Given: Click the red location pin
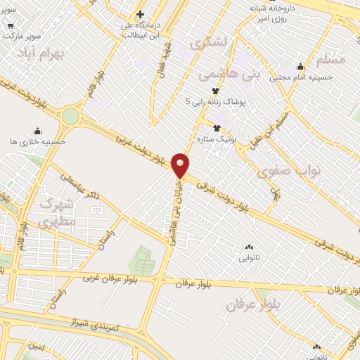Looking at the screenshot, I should coord(181,165).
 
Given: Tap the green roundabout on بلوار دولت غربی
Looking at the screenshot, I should coord(70,116).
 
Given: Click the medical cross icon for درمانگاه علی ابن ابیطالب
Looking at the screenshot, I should coord(140,14).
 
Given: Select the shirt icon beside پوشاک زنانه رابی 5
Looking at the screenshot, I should coord(216,91).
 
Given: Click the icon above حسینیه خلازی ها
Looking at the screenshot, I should coord(37,131).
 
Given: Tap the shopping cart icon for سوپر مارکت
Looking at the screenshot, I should coord(11,27).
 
